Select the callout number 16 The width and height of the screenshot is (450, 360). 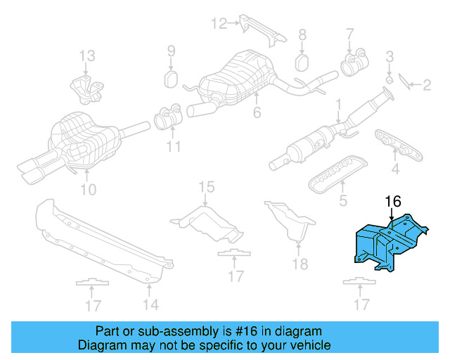tap(392, 202)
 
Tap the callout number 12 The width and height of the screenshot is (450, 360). tap(219, 23)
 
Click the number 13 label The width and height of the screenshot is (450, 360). tap(86, 55)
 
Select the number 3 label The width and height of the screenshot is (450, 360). tap(390, 56)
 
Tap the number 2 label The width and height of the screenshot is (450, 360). tap(426, 86)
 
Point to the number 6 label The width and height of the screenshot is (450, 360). tap(257, 111)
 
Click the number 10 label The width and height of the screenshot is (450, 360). tap(88, 189)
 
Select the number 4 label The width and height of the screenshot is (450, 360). tap(395, 168)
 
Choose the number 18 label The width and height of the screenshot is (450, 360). tap(300, 264)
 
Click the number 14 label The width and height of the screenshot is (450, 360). tap(150, 304)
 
